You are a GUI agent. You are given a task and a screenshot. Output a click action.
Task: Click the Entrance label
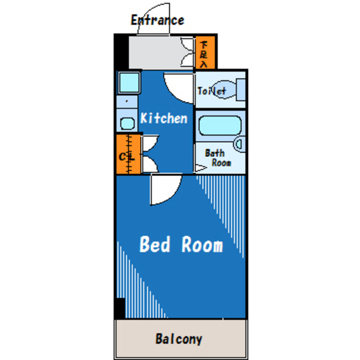click(x=157, y=20)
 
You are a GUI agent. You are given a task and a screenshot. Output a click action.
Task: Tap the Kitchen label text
click(x=164, y=118)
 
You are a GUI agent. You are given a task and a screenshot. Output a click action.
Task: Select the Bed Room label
click(x=181, y=245)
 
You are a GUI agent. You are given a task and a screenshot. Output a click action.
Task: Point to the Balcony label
click(x=179, y=339)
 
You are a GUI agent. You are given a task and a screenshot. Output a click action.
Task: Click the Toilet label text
click(x=212, y=91)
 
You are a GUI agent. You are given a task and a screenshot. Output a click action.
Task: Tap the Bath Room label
click(x=218, y=157)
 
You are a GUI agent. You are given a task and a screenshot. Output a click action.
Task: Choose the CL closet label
click(x=127, y=157)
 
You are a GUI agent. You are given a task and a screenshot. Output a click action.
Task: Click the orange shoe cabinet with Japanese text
click(x=205, y=52)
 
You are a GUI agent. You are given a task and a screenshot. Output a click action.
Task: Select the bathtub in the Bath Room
click(x=220, y=125)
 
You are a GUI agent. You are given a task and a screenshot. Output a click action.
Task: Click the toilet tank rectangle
click(x=241, y=89)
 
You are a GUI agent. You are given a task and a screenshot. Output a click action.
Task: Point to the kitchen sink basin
click(x=127, y=124)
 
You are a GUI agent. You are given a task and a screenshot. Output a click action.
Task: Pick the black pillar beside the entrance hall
click(x=121, y=52)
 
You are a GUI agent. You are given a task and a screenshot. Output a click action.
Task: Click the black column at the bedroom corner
click(x=120, y=308)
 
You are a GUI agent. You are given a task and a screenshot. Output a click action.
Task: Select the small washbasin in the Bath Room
click(x=239, y=145)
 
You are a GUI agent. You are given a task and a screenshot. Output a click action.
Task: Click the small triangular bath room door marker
click(x=201, y=168)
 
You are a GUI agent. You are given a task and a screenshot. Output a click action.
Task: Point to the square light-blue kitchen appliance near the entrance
click(x=129, y=83)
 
